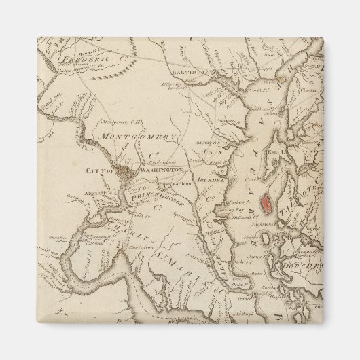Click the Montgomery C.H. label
tap(120, 121)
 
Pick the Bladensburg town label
tap(158, 163)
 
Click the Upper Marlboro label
tap(172, 183)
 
